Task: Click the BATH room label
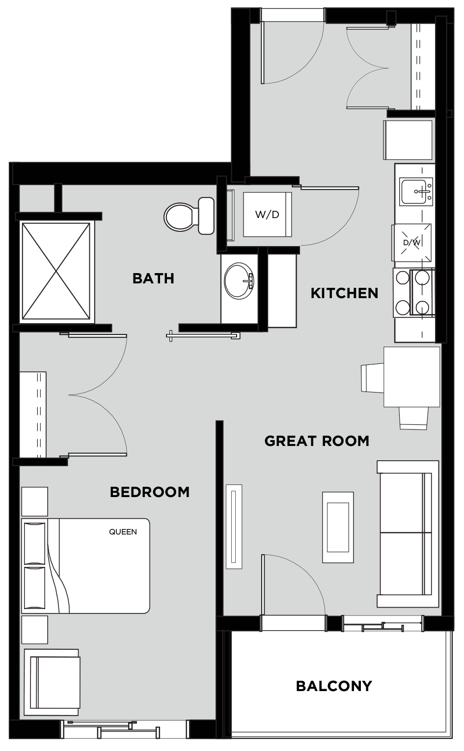click(x=153, y=278)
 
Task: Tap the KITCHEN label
click(x=344, y=293)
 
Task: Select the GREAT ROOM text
click(x=317, y=441)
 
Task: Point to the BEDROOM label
click(x=150, y=492)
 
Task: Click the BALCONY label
click(x=334, y=686)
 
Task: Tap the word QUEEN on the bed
click(x=123, y=532)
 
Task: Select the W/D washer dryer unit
click(x=267, y=215)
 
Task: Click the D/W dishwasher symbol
click(x=412, y=242)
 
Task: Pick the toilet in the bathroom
click(x=189, y=216)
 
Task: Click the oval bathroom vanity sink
click(x=239, y=280)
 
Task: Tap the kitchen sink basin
click(x=416, y=192)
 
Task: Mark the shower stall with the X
click(x=56, y=272)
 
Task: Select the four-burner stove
click(x=414, y=293)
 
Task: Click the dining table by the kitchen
click(x=411, y=377)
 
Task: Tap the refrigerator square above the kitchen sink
click(x=408, y=140)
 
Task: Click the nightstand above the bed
click(x=34, y=501)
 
